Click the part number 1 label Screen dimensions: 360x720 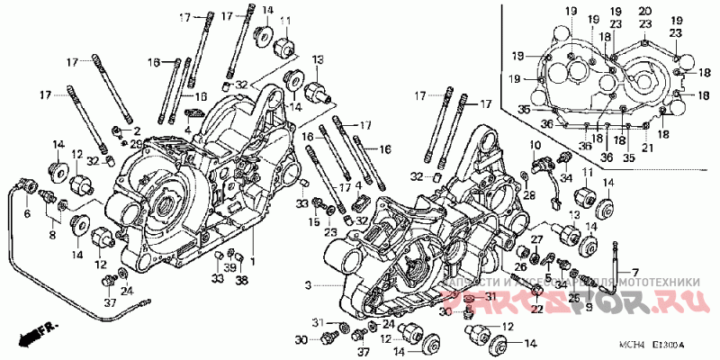(x=253, y=262)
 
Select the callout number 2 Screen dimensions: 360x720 (x=137, y=130)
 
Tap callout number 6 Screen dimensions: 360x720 (x=26, y=214)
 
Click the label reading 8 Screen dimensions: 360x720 (x=52, y=235)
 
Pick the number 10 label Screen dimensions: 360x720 (x=535, y=145)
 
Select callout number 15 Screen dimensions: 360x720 (x=316, y=221)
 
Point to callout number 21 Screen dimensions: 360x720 (x=647, y=148)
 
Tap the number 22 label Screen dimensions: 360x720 (x=535, y=310)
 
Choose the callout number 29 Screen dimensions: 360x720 (x=136, y=144)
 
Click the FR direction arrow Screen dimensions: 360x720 (x=34, y=335)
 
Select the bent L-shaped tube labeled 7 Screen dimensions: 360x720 (x=615, y=270)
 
